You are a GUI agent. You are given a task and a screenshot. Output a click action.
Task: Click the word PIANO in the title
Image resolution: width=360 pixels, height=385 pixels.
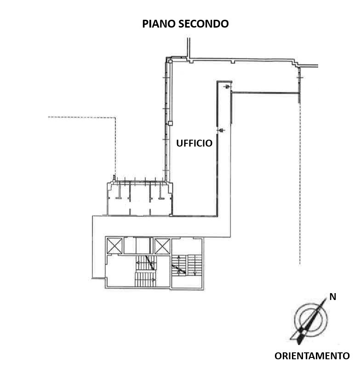click(159, 24)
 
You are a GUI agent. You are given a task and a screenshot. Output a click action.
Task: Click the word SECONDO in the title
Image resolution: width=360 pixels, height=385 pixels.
click(203, 24)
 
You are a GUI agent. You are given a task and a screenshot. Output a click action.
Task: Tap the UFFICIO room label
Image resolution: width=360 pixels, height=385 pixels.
click(194, 143)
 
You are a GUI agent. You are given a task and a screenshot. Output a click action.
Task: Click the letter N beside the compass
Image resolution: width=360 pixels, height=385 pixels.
click(332, 297)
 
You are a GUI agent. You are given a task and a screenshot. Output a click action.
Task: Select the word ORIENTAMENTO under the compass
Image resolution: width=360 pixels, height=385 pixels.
click(312, 356)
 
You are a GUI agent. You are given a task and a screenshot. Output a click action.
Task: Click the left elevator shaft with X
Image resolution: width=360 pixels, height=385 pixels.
click(114, 246)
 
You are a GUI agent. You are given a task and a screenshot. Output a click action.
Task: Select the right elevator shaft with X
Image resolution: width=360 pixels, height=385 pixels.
click(162, 246)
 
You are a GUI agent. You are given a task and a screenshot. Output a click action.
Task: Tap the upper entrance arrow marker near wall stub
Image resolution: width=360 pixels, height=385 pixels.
click(227, 87)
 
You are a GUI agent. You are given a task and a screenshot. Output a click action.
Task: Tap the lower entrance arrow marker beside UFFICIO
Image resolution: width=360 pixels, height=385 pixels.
click(222, 130)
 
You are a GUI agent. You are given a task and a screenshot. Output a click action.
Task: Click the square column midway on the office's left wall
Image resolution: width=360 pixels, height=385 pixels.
click(170, 123)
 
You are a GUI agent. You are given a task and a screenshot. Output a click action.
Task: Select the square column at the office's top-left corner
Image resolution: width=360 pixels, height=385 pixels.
click(170, 61)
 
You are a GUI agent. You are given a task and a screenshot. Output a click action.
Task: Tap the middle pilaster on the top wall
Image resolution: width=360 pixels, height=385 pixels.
click(233, 62)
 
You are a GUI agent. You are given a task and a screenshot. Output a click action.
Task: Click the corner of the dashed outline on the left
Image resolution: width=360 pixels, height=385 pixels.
click(115, 117)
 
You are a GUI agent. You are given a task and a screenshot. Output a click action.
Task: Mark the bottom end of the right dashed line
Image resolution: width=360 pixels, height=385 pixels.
click(300, 265)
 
